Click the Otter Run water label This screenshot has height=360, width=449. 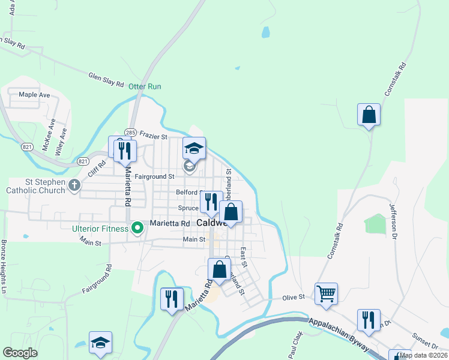(x=145, y=86)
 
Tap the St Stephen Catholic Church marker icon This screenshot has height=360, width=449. (x=74, y=185)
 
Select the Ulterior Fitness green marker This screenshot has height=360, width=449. (x=137, y=227)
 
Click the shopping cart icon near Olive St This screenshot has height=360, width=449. (x=326, y=294)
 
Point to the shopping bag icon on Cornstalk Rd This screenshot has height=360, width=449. (x=369, y=114)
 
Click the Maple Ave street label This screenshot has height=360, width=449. (x=34, y=95)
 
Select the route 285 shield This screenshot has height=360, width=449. (x=130, y=132)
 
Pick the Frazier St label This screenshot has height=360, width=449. (x=153, y=137)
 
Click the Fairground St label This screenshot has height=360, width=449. (x=154, y=176)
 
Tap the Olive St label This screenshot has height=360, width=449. (x=294, y=297)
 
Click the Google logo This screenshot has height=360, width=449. (x=20, y=353)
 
